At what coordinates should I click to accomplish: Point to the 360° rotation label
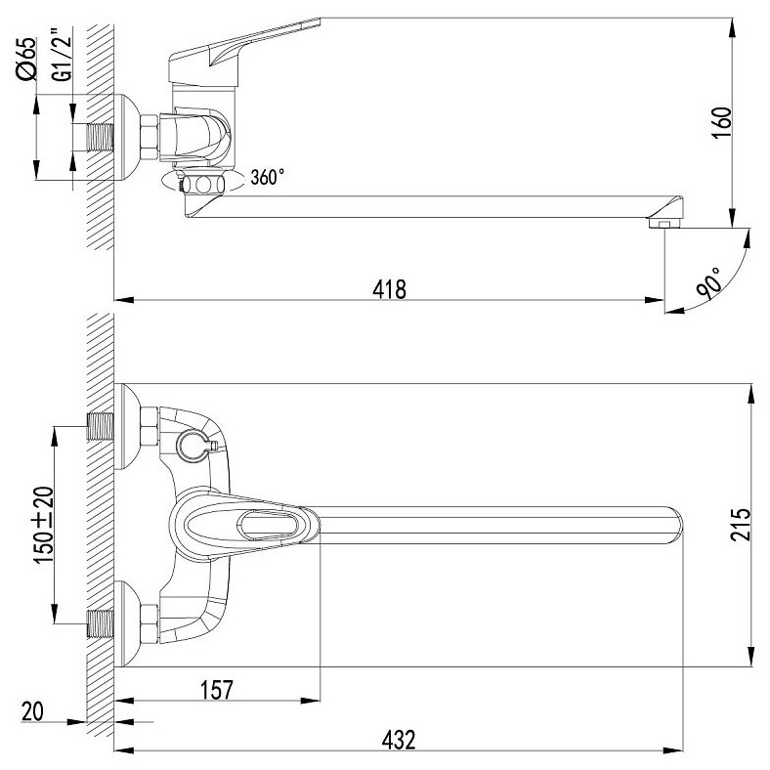pos(268,178)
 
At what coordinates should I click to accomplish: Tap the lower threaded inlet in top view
pos(100,619)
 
